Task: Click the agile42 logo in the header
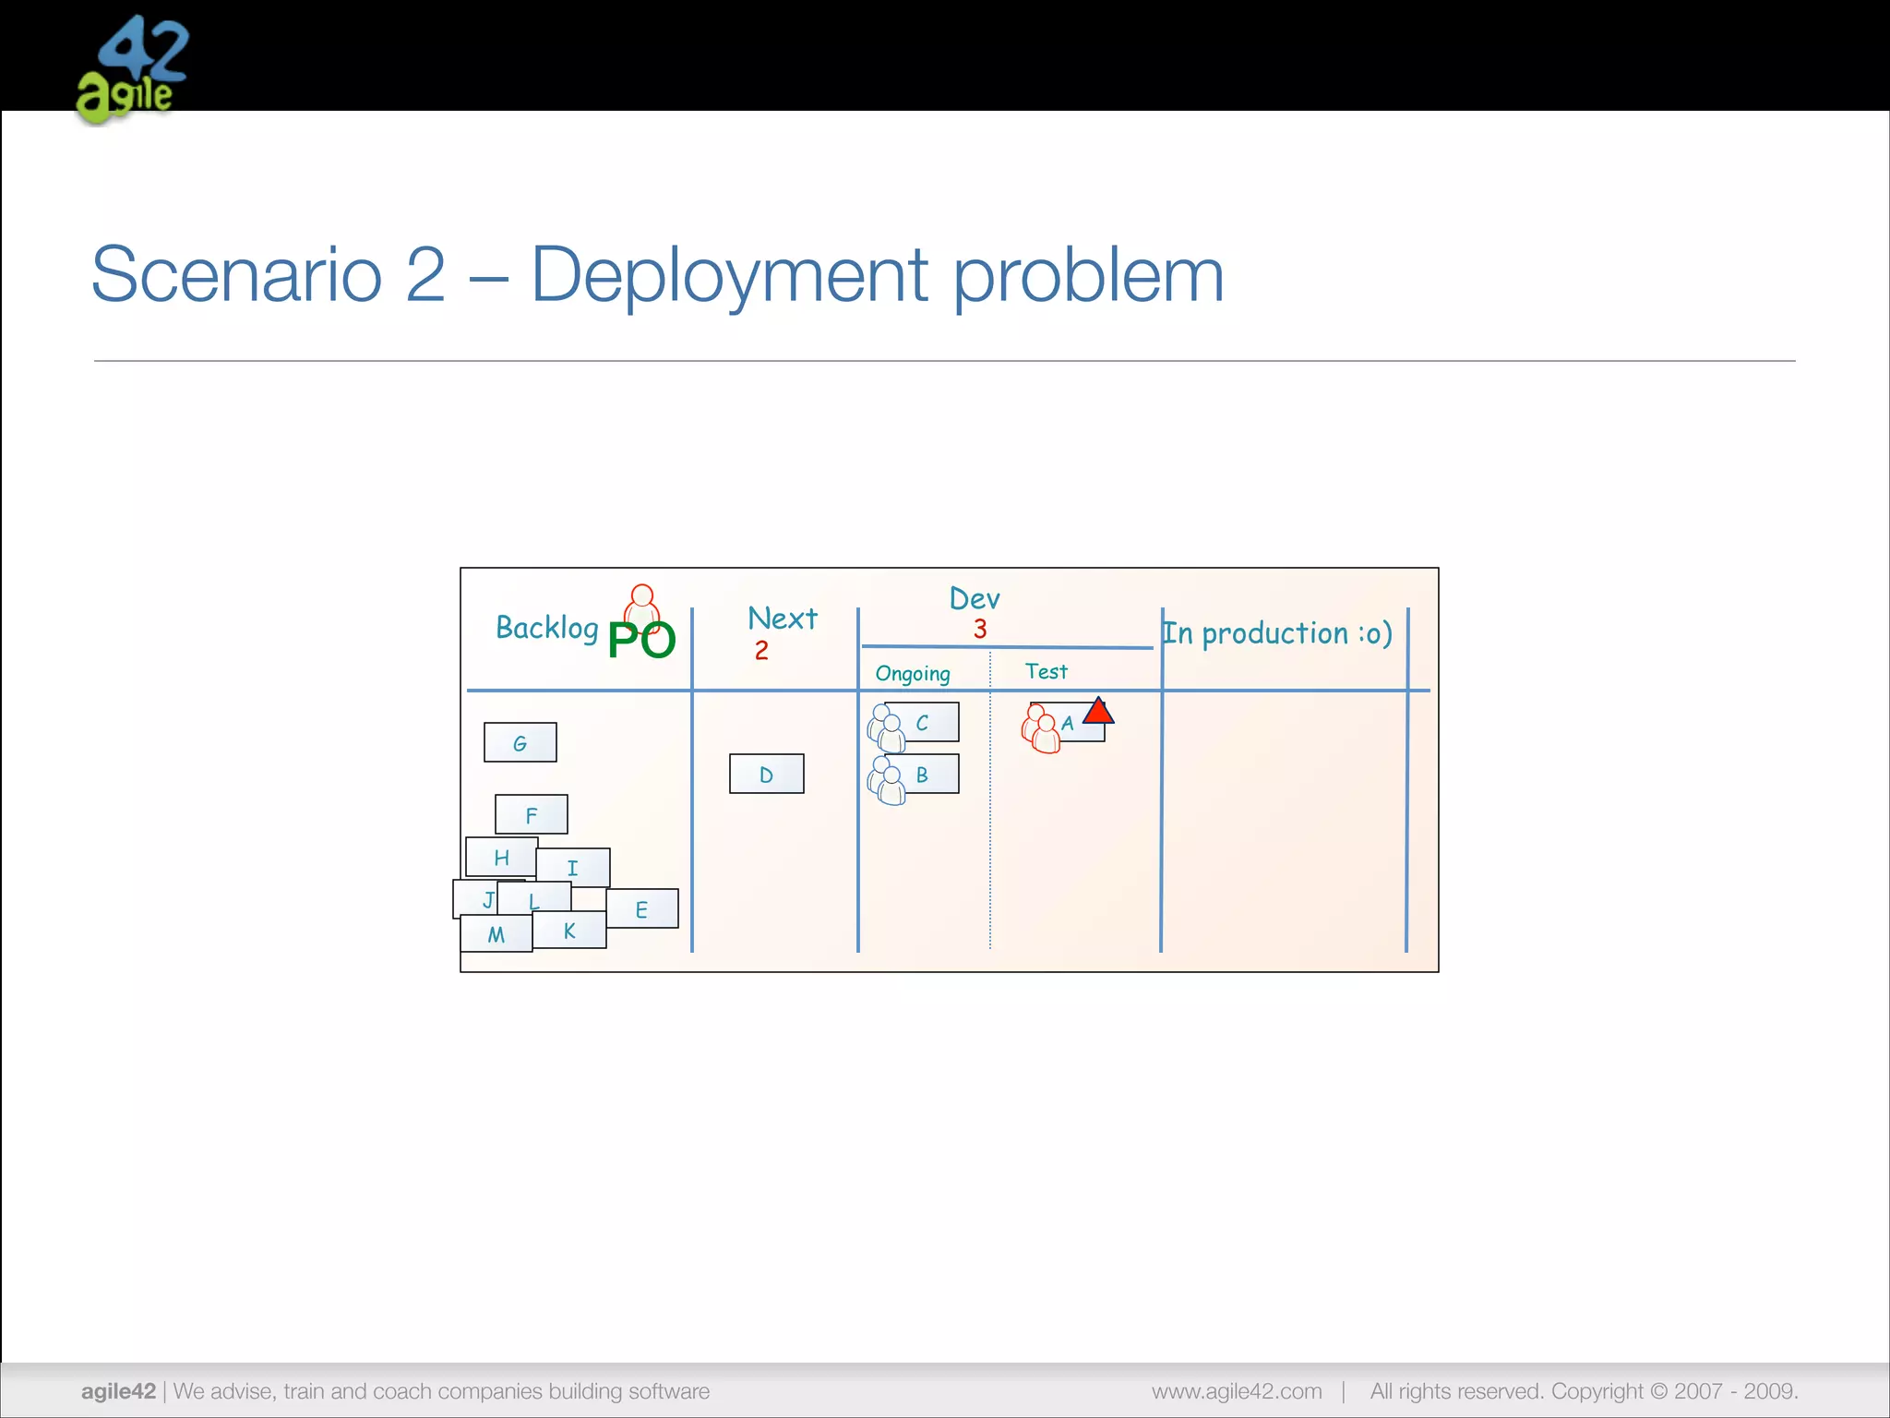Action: click(132, 69)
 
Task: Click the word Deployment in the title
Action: click(729, 275)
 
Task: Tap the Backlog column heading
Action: click(546, 628)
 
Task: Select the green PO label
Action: click(642, 640)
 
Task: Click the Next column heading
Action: click(783, 618)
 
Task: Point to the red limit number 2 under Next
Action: click(761, 651)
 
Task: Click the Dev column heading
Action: click(975, 599)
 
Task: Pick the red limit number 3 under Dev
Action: click(980, 630)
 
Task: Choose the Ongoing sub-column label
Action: click(913, 673)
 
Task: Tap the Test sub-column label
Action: click(1046, 671)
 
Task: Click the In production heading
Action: click(1277, 633)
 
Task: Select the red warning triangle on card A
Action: click(1098, 712)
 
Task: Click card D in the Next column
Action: click(766, 775)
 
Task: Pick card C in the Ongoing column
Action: click(923, 723)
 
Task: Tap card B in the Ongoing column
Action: click(923, 775)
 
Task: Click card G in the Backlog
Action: click(520, 743)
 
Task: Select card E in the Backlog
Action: click(642, 909)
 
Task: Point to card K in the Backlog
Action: click(570, 931)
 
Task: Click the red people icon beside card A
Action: click(1041, 729)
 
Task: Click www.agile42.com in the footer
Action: click(1237, 1391)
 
